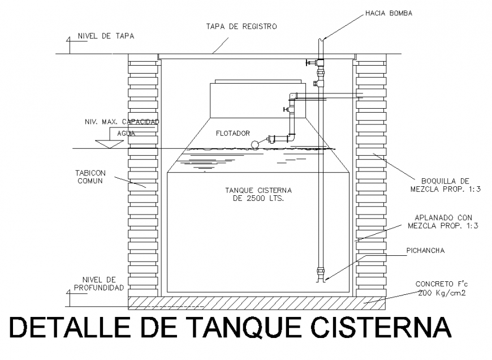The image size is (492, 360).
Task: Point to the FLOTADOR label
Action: [232, 134]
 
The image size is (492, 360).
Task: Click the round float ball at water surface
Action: [255, 145]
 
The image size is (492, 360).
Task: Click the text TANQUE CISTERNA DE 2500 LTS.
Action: [258, 195]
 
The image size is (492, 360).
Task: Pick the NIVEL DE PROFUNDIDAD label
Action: [99, 283]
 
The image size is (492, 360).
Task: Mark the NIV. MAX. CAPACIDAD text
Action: [122, 122]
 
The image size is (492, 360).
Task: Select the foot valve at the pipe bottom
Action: [321, 276]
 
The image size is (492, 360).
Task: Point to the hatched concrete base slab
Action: [257, 302]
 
